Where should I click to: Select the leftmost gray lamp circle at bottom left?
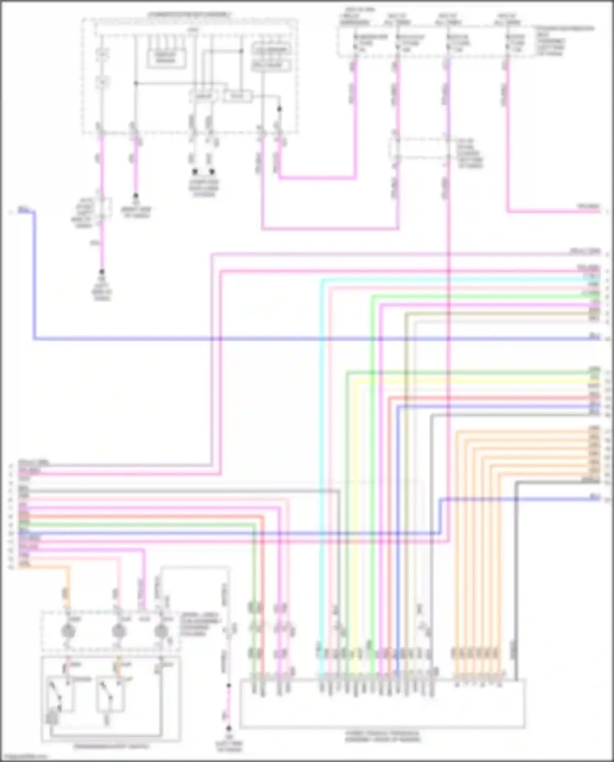pos(68,631)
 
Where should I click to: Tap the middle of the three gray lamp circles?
pos(118,631)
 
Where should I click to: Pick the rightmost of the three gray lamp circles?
pos(161,631)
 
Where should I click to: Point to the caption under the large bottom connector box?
pos(382,737)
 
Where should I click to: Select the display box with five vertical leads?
pos(165,58)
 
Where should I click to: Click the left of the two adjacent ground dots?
pos(195,172)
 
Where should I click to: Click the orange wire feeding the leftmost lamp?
pos(68,586)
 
